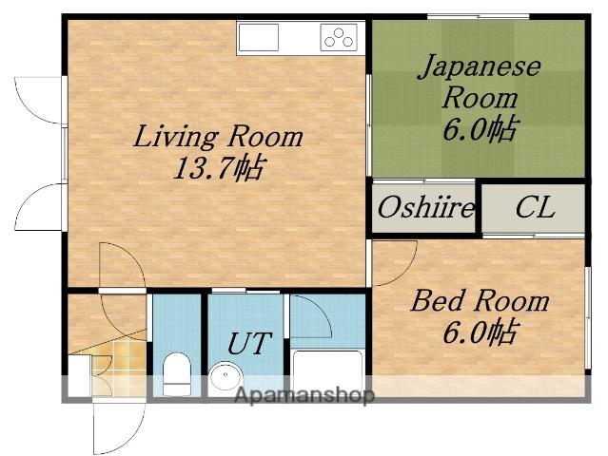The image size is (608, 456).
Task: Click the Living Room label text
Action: click(218, 136)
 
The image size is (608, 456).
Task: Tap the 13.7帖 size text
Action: click(218, 168)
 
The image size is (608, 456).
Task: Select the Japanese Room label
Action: click(480, 81)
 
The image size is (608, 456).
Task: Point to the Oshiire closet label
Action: click(425, 207)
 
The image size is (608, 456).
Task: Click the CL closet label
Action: click(535, 207)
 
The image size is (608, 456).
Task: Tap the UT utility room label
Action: click(248, 343)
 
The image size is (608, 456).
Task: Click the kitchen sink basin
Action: click(259, 37)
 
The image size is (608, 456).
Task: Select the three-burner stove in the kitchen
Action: click(339, 37)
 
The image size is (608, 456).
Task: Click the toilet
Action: click(177, 374)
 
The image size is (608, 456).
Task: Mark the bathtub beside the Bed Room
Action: click(327, 372)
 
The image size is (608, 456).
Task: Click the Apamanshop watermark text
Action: click(304, 395)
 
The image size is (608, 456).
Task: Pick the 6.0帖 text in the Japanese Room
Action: click(480, 129)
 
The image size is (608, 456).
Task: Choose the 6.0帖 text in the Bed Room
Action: click(480, 332)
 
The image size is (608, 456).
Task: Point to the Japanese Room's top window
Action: click(478, 16)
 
